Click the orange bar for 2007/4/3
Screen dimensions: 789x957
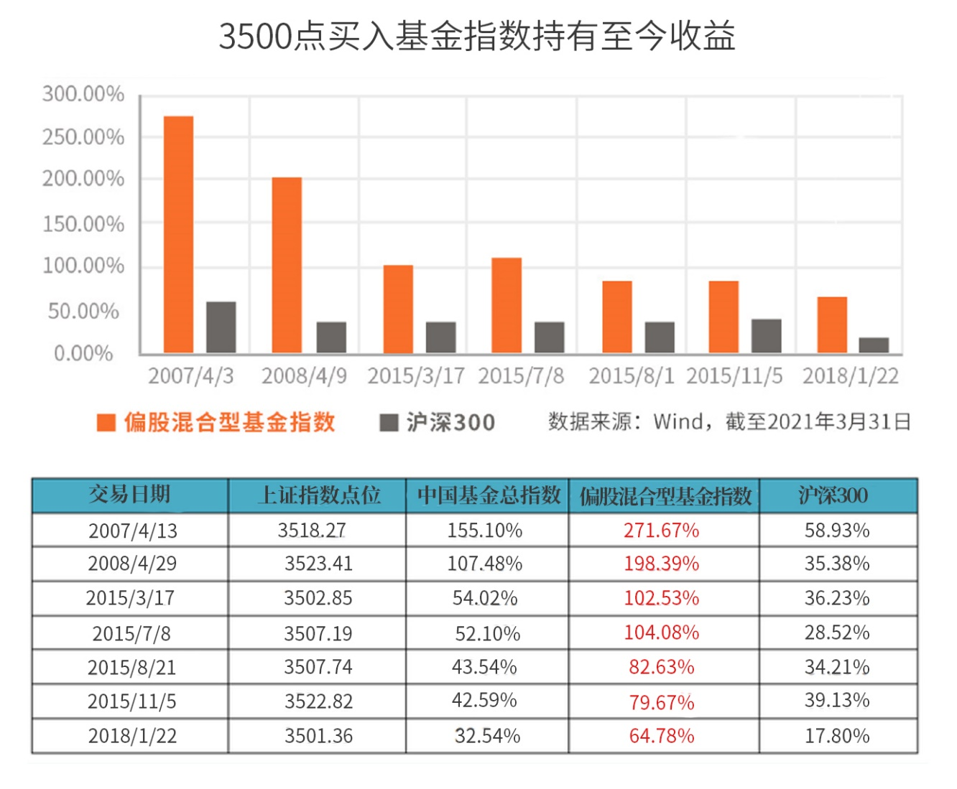point(178,234)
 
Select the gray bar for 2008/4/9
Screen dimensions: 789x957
point(331,337)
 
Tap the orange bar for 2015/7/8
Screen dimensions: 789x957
point(507,305)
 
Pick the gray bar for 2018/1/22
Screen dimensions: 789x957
point(874,345)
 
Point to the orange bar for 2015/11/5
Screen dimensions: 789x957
point(723,317)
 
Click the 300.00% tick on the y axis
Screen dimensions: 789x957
point(83,94)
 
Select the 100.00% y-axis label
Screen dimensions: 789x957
point(83,266)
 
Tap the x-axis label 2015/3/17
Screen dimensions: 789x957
point(416,375)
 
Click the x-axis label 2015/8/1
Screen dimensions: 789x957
point(632,375)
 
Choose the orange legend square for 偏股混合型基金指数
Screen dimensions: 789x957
point(106,422)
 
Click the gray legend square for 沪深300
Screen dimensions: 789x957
point(389,422)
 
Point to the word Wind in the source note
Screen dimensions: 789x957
point(678,421)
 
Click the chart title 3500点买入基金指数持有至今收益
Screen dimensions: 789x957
point(477,36)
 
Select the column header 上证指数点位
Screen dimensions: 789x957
point(318,495)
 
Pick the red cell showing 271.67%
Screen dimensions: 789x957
point(661,531)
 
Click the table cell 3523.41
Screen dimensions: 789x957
point(318,564)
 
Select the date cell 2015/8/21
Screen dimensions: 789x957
point(131,668)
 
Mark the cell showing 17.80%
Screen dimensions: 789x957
point(837,736)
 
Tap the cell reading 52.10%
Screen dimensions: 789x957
point(487,633)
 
